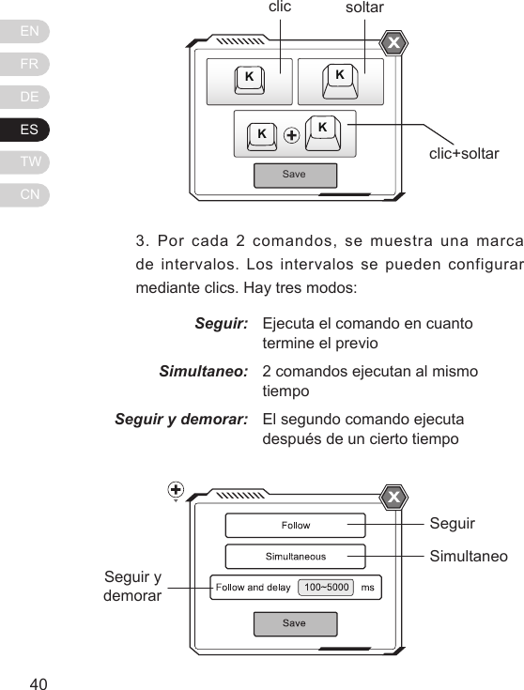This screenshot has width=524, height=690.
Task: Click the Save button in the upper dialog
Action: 295,175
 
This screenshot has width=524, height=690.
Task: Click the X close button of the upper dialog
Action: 394,43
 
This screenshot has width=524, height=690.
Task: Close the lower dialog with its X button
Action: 394,497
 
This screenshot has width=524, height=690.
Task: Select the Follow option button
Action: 296,526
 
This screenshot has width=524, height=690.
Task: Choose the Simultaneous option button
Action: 296,557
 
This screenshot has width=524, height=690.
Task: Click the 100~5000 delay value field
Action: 326,588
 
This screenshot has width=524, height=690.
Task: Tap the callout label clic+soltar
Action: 464,153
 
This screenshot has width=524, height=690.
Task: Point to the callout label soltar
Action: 365,8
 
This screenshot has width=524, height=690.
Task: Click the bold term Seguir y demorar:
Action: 181,420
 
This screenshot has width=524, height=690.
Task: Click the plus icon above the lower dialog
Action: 176,488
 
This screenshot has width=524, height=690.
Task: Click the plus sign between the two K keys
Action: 291,135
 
